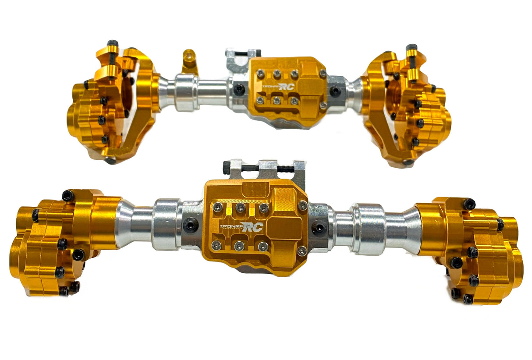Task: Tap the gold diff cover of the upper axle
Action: click(287, 90)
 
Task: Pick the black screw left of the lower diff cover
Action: click(190, 225)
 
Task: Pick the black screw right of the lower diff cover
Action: click(319, 228)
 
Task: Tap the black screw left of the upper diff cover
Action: click(238, 89)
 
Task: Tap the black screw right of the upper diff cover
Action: click(335, 92)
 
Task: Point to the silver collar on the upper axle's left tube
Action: click(186, 92)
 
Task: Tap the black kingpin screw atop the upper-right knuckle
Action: click(411, 47)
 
